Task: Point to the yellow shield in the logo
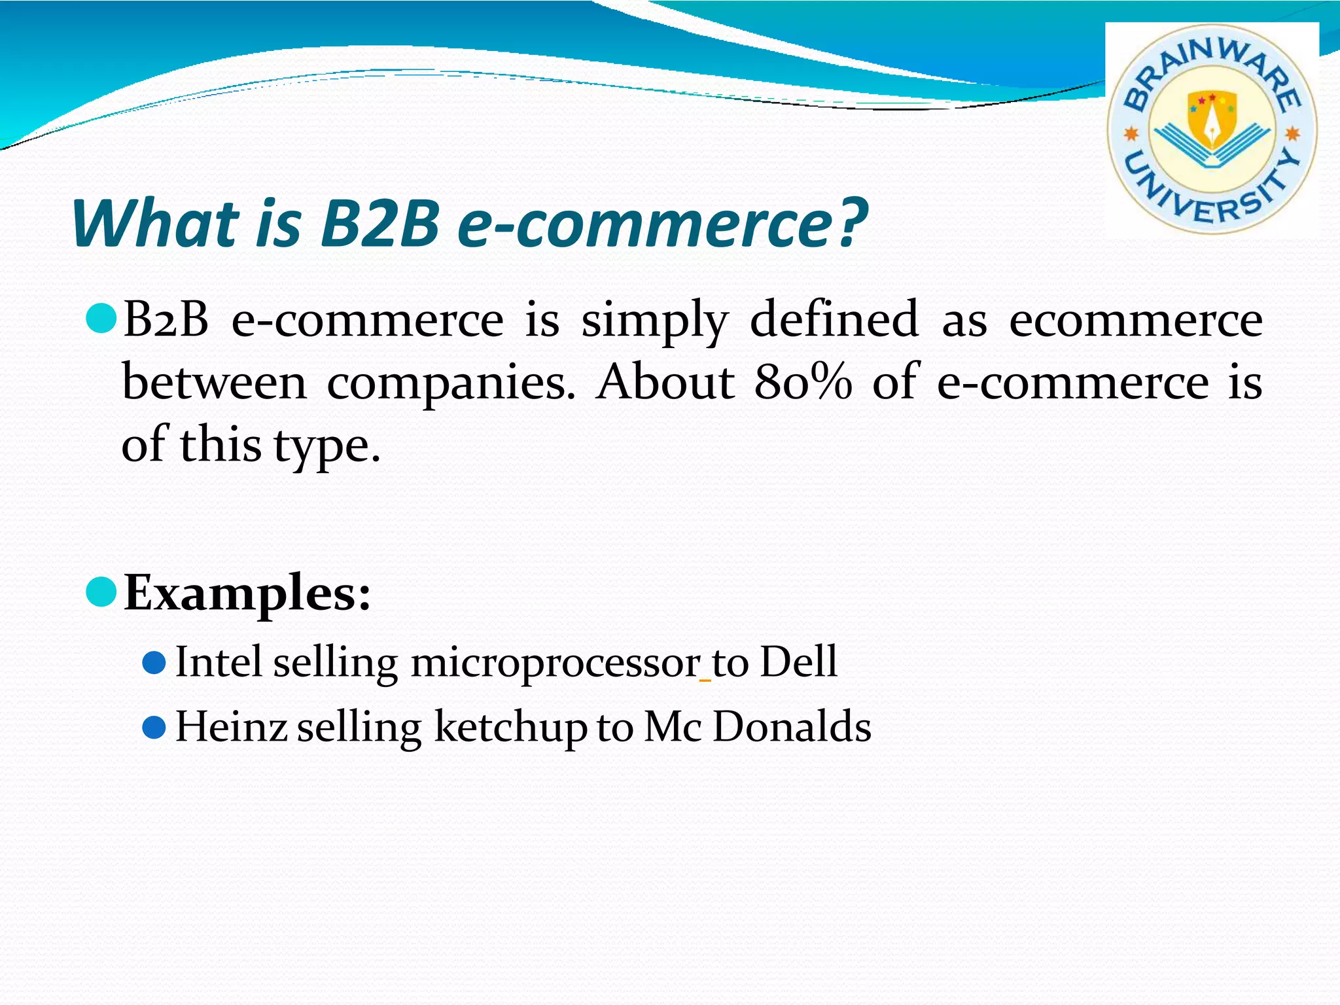[x=1212, y=118]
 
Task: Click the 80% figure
[x=803, y=381]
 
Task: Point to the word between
[x=214, y=381]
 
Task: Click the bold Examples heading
[x=247, y=593]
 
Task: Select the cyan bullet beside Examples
[x=101, y=591]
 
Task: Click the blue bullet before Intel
[x=154, y=662]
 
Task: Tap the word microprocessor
[x=555, y=663]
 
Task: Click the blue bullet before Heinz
[x=154, y=728]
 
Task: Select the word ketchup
[x=510, y=728]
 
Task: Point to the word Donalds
[x=792, y=726]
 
